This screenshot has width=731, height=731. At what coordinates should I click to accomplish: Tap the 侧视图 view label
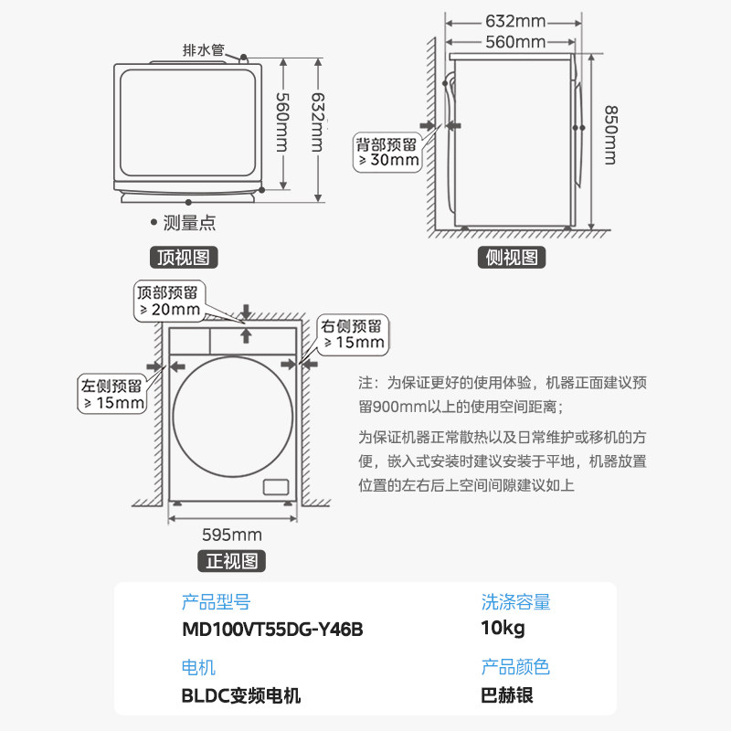[x=512, y=258]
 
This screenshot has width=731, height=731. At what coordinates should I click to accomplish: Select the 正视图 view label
[x=232, y=561]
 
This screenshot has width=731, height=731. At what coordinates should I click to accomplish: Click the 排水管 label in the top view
[x=204, y=50]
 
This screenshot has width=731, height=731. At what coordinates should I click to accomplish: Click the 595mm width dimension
[x=232, y=535]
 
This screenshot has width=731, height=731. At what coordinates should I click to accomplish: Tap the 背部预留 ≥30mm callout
[x=387, y=152]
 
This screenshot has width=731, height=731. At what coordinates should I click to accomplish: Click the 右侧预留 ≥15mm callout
[x=352, y=334]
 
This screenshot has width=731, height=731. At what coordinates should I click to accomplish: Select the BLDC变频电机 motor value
[x=241, y=695]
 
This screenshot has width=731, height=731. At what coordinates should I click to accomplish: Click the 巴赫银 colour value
[x=507, y=695]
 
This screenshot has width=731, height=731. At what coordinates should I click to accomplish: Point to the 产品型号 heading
[x=216, y=602]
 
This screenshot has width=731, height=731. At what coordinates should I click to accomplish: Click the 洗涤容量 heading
[x=516, y=602]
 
